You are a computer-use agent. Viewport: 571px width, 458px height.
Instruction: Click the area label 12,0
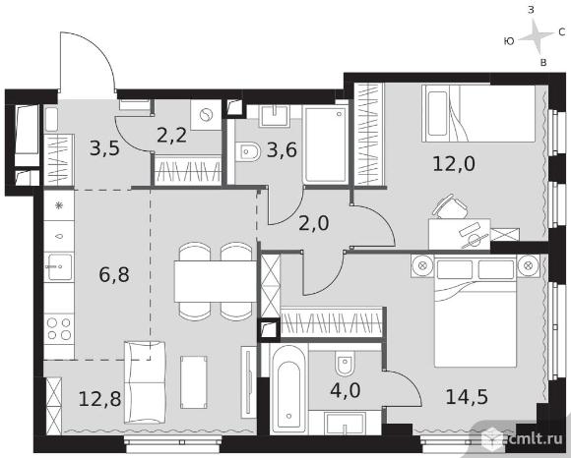[x=454, y=163]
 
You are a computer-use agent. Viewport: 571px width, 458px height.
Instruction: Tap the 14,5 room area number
[x=467, y=396]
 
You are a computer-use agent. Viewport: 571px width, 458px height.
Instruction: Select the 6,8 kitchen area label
[x=114, y=275]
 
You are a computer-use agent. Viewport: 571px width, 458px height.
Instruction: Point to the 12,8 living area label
[x=99, y=399]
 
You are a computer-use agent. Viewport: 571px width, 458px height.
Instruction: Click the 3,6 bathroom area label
[x=282, y=149]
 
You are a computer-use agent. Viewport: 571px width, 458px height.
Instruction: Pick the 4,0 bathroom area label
[x=346, y=390]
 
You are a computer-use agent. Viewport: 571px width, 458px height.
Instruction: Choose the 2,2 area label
[x=172, y=136]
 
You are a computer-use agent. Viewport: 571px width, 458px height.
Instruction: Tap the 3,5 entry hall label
[x=104, y=148]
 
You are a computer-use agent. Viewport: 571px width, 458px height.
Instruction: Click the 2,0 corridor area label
[x=313, y=223]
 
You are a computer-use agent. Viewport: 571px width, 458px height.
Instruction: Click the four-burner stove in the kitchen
[x=59, y=328]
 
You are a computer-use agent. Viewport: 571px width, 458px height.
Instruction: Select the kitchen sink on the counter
[x=59, y=266]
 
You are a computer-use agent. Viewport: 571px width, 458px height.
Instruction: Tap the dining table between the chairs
[x=216, y=281]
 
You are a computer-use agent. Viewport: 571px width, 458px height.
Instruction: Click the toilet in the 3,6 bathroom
[x=248, y=151]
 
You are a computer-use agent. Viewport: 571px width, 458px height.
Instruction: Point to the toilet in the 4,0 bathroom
[x=345, y=365]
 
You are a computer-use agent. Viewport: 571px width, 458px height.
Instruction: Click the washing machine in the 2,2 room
[x=206, y=115]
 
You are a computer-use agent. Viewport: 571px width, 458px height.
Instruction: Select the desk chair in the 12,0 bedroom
[x=450, y=206]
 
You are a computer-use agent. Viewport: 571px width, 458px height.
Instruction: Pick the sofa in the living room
[x=145, y=382]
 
